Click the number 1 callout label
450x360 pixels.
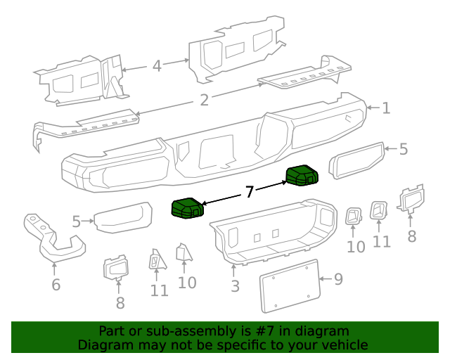(385, 108)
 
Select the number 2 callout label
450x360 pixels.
(204, 101)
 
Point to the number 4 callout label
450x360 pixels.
(157, 66)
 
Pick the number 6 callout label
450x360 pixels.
(56, 284)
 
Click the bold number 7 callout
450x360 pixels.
(249, 192)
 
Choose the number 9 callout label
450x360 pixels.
(338, 280)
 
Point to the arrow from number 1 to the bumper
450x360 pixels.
(373, 109)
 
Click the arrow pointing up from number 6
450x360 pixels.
(55, 268)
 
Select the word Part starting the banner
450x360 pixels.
(112, 331)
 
